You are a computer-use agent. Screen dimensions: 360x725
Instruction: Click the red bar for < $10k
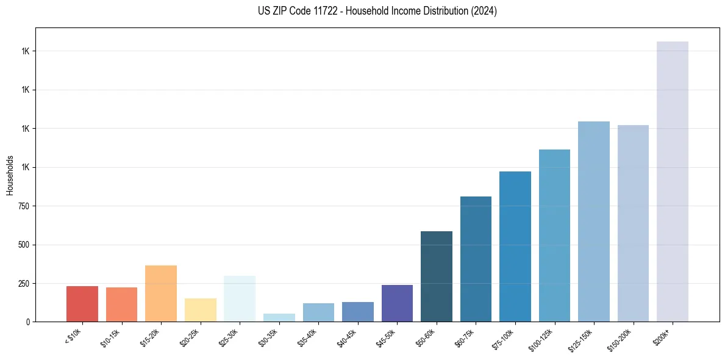tap(82, 304)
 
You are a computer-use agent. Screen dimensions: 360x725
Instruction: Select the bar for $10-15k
tap(121, 304)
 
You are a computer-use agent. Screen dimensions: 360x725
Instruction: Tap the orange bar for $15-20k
tap(161, 293)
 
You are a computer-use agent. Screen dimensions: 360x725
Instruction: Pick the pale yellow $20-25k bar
tap(200, 310)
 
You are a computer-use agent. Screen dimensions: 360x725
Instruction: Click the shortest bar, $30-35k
tap(279, 317)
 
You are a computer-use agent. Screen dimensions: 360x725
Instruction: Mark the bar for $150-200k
tap(633, 223)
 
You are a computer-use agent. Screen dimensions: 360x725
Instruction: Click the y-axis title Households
tap(10, 175)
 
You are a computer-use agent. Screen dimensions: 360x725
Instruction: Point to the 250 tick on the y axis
tap(24, 284)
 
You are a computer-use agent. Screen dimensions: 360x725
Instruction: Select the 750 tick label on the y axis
tap(24, 206)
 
